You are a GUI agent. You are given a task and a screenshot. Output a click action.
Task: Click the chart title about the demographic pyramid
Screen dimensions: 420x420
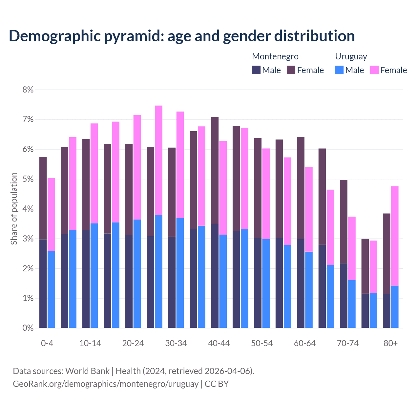[x=182, y=36]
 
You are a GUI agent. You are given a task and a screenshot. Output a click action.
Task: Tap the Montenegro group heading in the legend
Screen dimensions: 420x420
[x=275, y=56]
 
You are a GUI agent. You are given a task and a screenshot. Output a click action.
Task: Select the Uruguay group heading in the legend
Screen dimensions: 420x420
[x=351, y=56]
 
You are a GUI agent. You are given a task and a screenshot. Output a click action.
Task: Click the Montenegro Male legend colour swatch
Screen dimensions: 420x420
[x=256, y=70]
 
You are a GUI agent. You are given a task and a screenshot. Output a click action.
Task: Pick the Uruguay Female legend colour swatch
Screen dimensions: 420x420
[x=374, y=70]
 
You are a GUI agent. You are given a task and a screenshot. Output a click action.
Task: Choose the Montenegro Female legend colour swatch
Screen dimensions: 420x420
[x=291, y=70]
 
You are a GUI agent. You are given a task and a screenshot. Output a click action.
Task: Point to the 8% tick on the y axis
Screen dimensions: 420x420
[x=28, y=90]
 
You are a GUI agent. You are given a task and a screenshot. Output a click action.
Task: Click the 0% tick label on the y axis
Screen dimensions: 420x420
[x=28, y=328]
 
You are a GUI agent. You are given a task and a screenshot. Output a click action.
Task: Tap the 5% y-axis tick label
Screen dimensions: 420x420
[x=28, y=179]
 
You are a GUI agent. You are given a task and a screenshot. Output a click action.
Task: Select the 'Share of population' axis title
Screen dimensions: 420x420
[x=14, y=209]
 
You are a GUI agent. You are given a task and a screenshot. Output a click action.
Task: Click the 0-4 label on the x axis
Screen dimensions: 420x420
[x=47, y=343]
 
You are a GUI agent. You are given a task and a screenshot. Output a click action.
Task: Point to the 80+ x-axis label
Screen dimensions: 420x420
[x=390, y=343]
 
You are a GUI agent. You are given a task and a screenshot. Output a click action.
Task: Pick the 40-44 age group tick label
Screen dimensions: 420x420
[x=219, y=343]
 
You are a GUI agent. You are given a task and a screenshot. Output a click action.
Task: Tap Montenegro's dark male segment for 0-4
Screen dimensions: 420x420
[x=43, y=284]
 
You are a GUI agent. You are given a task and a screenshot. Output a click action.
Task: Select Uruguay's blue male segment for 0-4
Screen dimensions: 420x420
[x=51, y=289]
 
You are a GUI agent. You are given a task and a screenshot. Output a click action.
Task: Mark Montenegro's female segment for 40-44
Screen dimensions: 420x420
[x=215, y=170]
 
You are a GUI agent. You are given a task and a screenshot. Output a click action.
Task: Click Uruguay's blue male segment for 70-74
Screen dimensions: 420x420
[x=352, y=304]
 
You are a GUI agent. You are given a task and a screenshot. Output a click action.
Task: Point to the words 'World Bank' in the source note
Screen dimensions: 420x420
[x=87, y=371]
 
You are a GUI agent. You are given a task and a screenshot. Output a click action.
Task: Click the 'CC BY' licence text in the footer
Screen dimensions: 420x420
[x=217, y=384]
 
